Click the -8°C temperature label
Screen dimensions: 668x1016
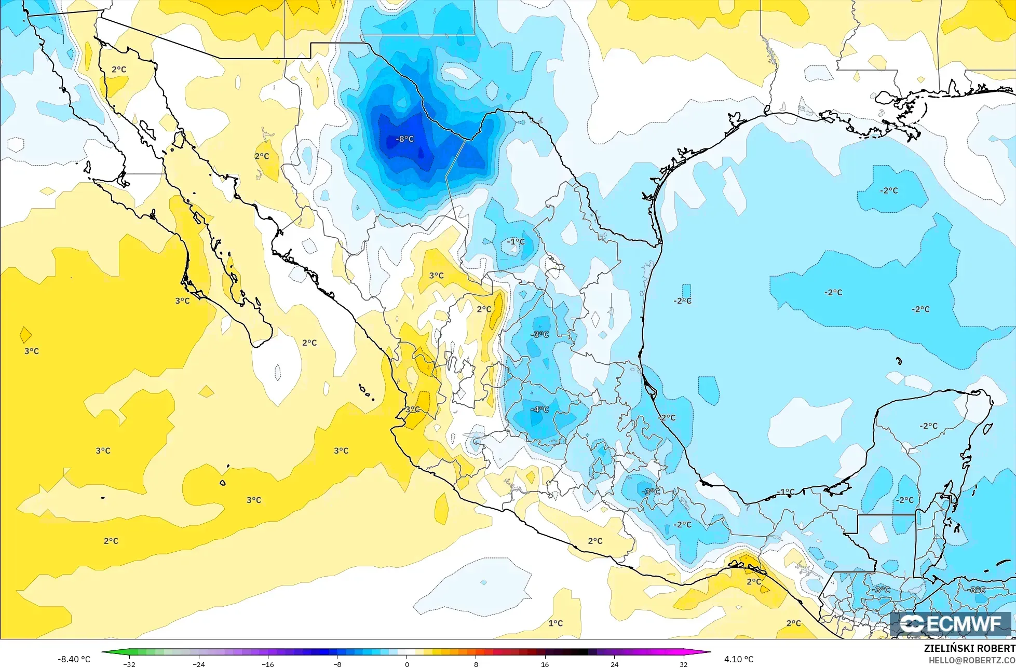(x=404, y=139)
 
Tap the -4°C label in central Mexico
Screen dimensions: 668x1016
(x=539, y=410)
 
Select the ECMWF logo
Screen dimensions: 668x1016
(x=951, y=624)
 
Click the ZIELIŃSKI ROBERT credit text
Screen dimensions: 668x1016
(x=969, y=648)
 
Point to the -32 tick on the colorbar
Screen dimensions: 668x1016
(x=129, y=664)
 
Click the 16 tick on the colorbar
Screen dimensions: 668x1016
(x=545, y=664)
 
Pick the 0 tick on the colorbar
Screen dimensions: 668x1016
(x=407, y=664)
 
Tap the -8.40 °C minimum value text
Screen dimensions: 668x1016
(x=74, y=659)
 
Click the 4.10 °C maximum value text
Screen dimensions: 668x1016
(x=738, y=659)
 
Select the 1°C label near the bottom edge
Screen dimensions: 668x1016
(x=556, y=623)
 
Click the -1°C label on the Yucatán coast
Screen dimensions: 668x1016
(x=785, y=492)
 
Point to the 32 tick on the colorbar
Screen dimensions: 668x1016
(x=683, y=664)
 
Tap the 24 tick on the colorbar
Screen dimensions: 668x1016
(x=614, y=664)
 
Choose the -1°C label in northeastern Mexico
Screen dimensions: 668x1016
(x=516, y=241)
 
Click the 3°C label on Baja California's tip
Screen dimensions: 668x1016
(x=182, y=301)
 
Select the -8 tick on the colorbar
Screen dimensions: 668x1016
(x=337, y=664)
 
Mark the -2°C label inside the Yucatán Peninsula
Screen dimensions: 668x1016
(x=928, y=426)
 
